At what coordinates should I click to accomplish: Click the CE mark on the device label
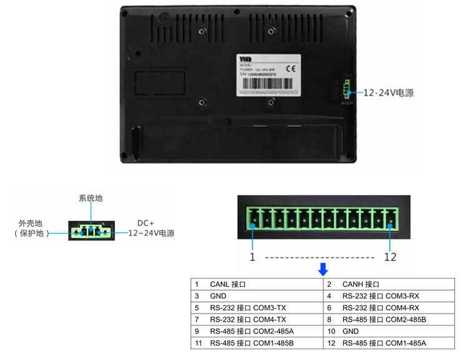[290, 69]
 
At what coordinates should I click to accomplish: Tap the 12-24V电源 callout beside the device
[388, 92]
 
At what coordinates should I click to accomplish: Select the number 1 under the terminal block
[252, 257]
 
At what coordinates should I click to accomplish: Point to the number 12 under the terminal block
[390, 257]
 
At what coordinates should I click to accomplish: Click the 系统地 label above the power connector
[90, 198]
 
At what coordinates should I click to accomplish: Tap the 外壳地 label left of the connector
[31, 223]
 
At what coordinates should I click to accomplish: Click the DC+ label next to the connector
[145, 223]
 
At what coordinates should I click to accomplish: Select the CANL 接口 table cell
[228, 284]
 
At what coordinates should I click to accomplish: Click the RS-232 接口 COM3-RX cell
[381, 296]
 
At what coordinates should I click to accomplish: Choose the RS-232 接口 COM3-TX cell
[247, 308]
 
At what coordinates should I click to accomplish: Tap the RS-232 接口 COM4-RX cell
[381, 308]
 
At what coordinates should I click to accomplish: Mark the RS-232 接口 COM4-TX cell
[247, 320]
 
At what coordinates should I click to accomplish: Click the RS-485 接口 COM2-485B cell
[383, 320]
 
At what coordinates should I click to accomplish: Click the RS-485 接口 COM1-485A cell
[383, 344]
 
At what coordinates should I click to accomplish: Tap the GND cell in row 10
[351, 332]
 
